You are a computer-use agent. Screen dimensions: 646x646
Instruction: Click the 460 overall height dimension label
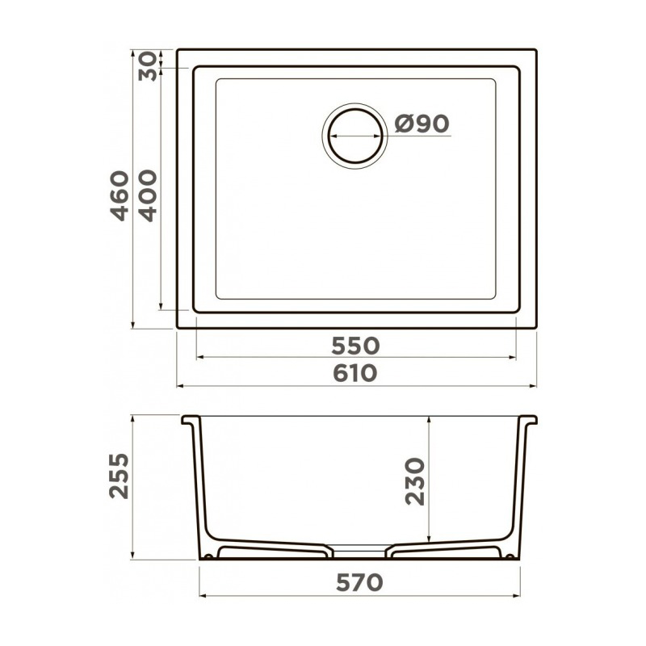pyautogui.click(x=120, y=195)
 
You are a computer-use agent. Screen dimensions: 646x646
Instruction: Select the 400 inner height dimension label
pyautogui.click(x=148, y=195)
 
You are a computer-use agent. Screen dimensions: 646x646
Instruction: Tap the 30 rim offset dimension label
pyautogui.click(x=148, y=66)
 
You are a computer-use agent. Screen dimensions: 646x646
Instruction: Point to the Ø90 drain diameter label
pyautogui.click(x=422, y=124)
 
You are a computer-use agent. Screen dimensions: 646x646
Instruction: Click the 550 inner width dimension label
pyautogui.click(x=355, y=346)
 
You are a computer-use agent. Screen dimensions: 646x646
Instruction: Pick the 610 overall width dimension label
pyautogui.click(x=355, y=373)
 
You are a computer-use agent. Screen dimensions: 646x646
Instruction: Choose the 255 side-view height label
pyautogui.click(x=120, y=476)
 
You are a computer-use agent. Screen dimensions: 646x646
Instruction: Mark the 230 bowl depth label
pyautogui.click(x=415, y=481)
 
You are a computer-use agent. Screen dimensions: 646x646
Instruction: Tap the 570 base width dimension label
pyautogui.click(x=359, y=582)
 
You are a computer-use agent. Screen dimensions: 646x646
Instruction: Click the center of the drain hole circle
pyautogui.click(x=355, y=136)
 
